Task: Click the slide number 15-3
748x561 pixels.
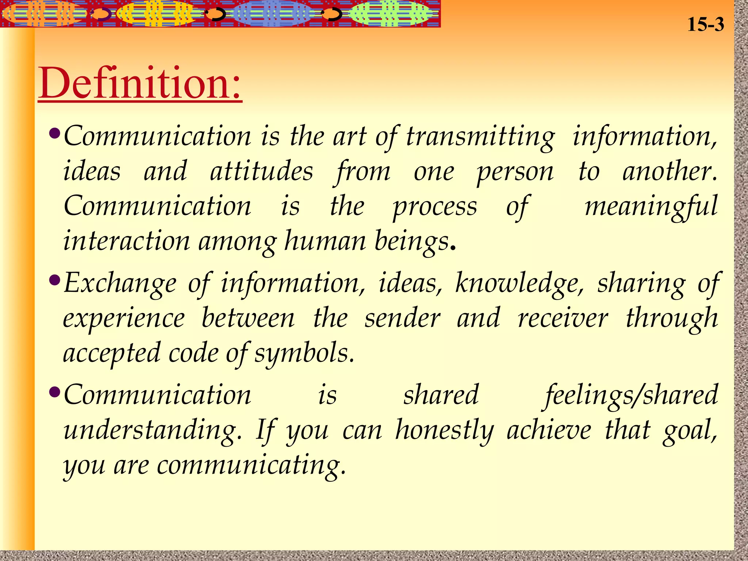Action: click(x=705, y=25)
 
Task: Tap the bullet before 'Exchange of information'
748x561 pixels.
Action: click(x=55, y=280)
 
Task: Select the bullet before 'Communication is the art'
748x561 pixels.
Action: click(x=55, y=133)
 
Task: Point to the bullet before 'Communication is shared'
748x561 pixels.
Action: click(x=55, y=392)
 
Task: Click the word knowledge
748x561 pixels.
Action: click(x=519, y=283)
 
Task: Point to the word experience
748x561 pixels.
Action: click(x=124, y=318)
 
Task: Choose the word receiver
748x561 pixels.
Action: click(x=563, y=318)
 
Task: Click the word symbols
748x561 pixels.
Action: click(x=304, y=354)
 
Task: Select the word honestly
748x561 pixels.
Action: click(x=444, y=430)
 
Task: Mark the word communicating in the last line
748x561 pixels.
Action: click(x=251, y=465)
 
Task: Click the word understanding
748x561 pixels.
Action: click(x=152, y=430)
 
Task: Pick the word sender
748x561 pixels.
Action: click(x=402, y=318)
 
